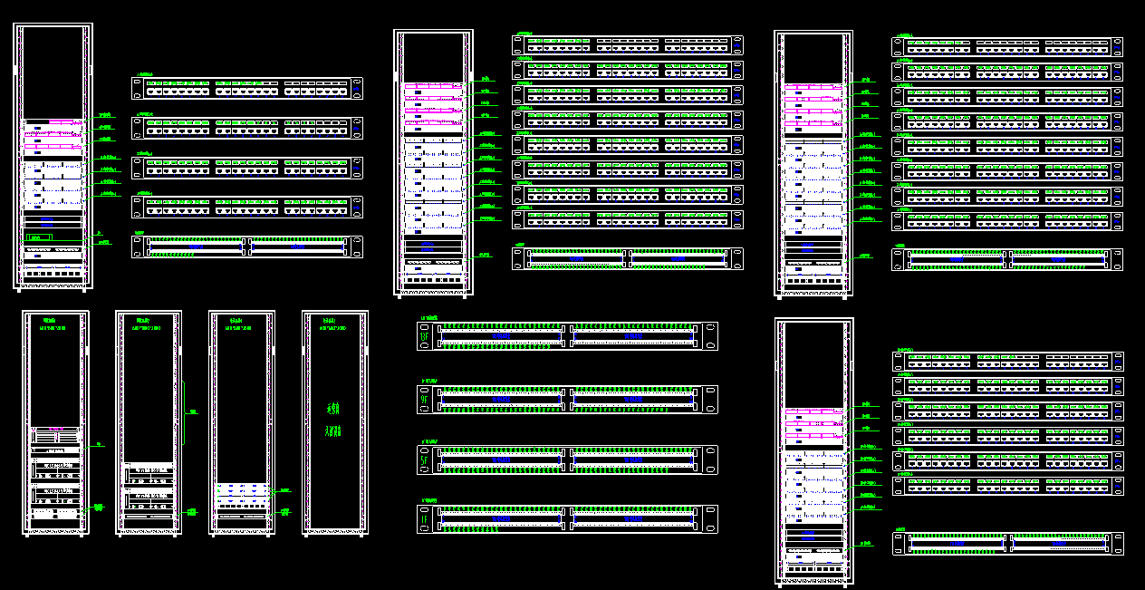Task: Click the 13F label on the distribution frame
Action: click(x=424, y=337)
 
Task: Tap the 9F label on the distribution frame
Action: click(x=424, y=399)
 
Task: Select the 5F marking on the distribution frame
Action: click(x=424, y=460)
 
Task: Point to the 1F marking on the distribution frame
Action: click(x=424, y=519)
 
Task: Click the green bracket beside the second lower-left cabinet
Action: click(x=192, y=411)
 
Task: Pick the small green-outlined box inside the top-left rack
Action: click(x=40, y=237)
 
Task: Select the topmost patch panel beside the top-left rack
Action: click(x=247, y=88)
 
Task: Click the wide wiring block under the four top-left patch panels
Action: click(x=247, y=247)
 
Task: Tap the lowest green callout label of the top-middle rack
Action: click(x=486, y=255)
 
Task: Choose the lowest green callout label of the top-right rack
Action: click(x=867, y=255)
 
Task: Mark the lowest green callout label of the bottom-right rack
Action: click(x=867, y=543)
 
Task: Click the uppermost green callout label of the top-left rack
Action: click(x=105, y=115)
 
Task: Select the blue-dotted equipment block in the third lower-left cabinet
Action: click(x=241, y=494)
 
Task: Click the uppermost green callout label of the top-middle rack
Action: click(x=486, y=79)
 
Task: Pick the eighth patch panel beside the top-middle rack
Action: click(x=628, y=218)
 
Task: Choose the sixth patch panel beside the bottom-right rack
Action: click(x=1008, y=485)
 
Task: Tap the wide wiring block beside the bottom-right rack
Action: click(x=1008, y=544)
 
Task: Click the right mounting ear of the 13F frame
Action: click(x=711, y=336)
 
